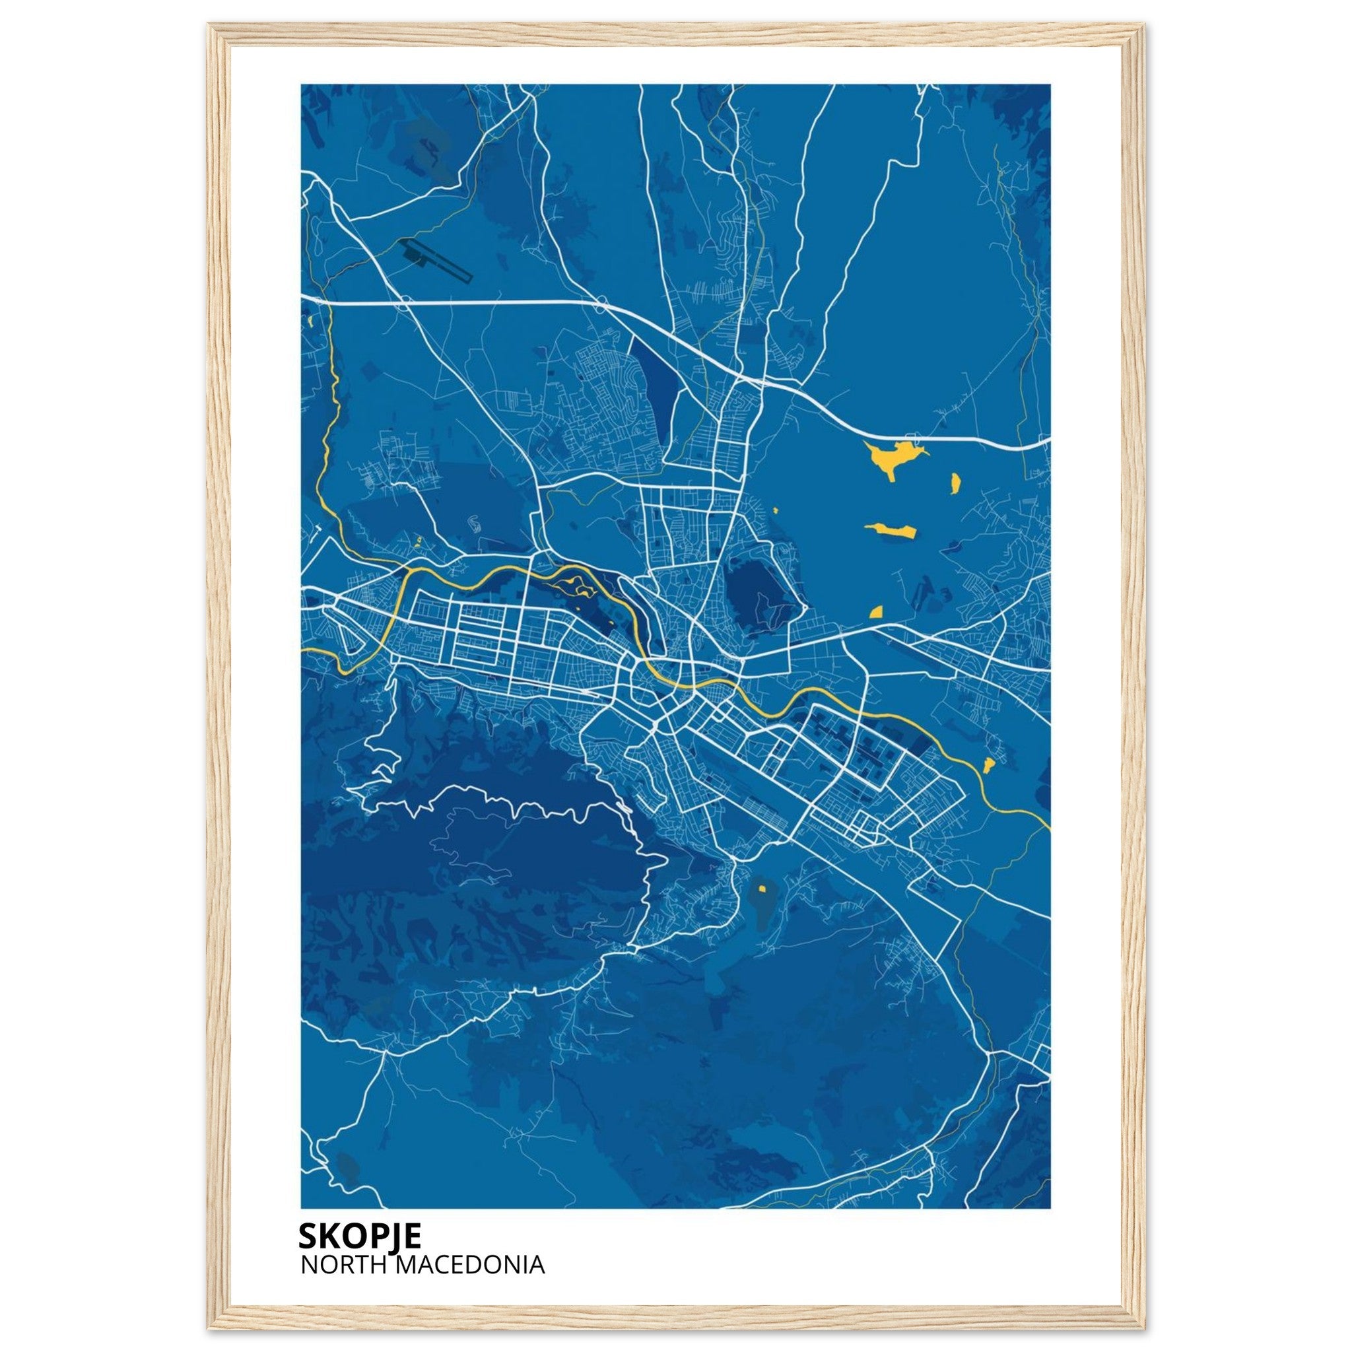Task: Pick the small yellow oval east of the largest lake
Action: [x=955, y=482]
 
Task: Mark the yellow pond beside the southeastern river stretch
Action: [x=988, y=764]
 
